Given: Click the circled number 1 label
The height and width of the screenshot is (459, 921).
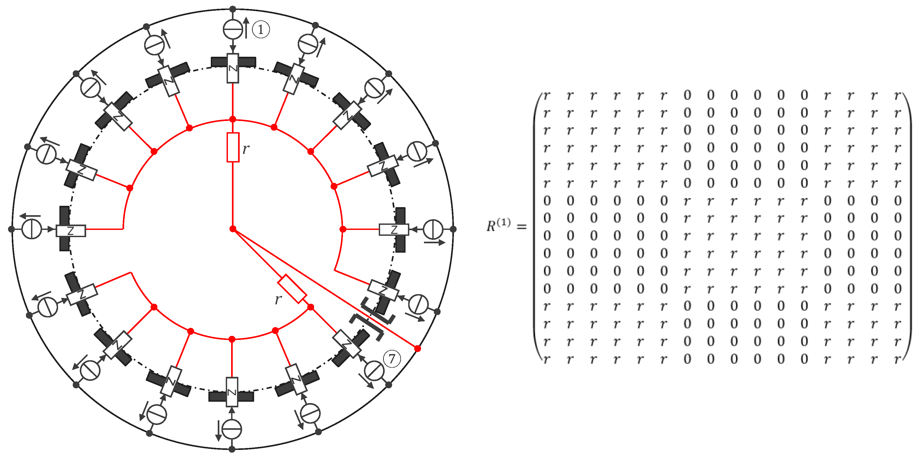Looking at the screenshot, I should (x=261, y=29).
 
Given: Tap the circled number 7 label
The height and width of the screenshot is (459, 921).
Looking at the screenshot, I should (x=392, y=358).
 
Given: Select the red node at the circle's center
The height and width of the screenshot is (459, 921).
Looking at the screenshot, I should (x=233, y=229).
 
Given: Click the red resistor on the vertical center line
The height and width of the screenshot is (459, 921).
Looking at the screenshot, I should (x=233, y=147).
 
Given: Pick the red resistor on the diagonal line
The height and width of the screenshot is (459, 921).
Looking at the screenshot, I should (x=292, y=289).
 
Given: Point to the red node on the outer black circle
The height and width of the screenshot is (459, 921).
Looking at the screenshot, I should (x=418, y=348).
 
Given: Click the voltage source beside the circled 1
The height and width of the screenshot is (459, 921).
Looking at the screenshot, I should (x=233, y=29).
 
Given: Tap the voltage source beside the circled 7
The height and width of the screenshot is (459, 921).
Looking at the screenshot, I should (x=374, y=371).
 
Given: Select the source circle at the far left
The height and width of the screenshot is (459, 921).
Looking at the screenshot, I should (x=32, y=229).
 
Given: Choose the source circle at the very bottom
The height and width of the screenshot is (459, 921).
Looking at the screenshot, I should (x=232, y=429).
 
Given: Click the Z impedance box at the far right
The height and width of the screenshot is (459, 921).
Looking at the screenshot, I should (x=394, y=230).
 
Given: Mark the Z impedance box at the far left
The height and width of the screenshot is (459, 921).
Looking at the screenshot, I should (x=71, y=231).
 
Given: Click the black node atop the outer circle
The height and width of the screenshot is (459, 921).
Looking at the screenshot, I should (x=233, y=9).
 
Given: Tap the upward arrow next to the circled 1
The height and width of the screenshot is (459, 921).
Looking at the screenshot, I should (x=246, y=27).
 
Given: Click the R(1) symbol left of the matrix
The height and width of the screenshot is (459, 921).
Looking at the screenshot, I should (x=498, y=225).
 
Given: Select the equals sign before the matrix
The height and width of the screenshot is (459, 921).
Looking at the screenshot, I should (x=522, y=227).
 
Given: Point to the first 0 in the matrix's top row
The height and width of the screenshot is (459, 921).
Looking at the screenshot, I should (x=687, y=95).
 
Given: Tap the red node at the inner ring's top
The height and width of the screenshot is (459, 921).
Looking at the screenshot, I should (x=233, y=119).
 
